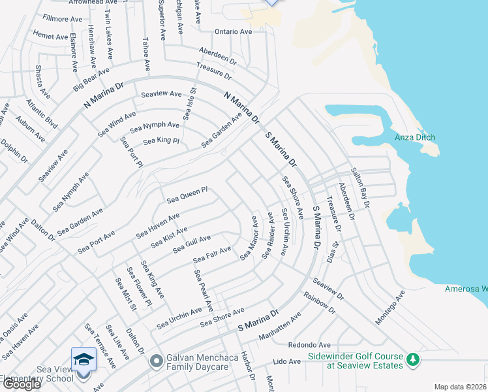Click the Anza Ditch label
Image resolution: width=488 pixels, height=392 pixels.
[415, 137]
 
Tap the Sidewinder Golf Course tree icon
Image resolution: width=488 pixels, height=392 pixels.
[412, 359]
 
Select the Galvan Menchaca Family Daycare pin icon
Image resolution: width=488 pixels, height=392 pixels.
[156, 361]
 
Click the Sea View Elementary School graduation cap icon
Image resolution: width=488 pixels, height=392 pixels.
[84, 361]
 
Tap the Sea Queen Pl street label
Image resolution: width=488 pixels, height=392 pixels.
[187, 194]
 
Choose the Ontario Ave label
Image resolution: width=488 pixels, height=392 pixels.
[234, 31]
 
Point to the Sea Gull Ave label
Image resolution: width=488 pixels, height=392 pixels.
[192, 244]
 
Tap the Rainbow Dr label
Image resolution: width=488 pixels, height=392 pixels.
[319, 302]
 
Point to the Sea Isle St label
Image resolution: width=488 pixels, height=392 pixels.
[189, 104]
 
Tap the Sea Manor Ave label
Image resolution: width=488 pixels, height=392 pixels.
[249, 239]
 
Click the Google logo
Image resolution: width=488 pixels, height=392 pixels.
[22, 384]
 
